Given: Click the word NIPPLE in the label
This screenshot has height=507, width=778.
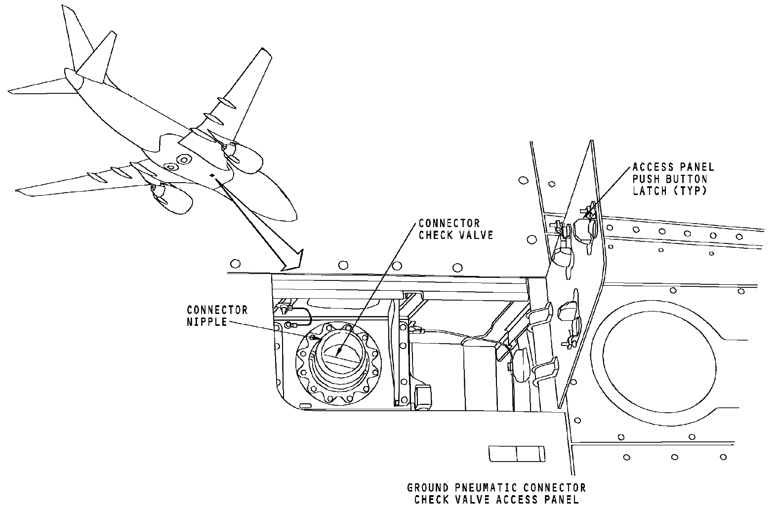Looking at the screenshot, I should pyautogui.click(x=207, y=321).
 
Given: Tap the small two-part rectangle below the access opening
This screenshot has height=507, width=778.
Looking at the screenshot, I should pyautogui.click(x=516, y=454).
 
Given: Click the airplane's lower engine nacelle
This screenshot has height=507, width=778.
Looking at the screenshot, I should pyautogui.click(x=173, y=200).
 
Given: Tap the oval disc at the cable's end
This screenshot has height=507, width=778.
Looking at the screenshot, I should pyautogui.click(x=519, y=364).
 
